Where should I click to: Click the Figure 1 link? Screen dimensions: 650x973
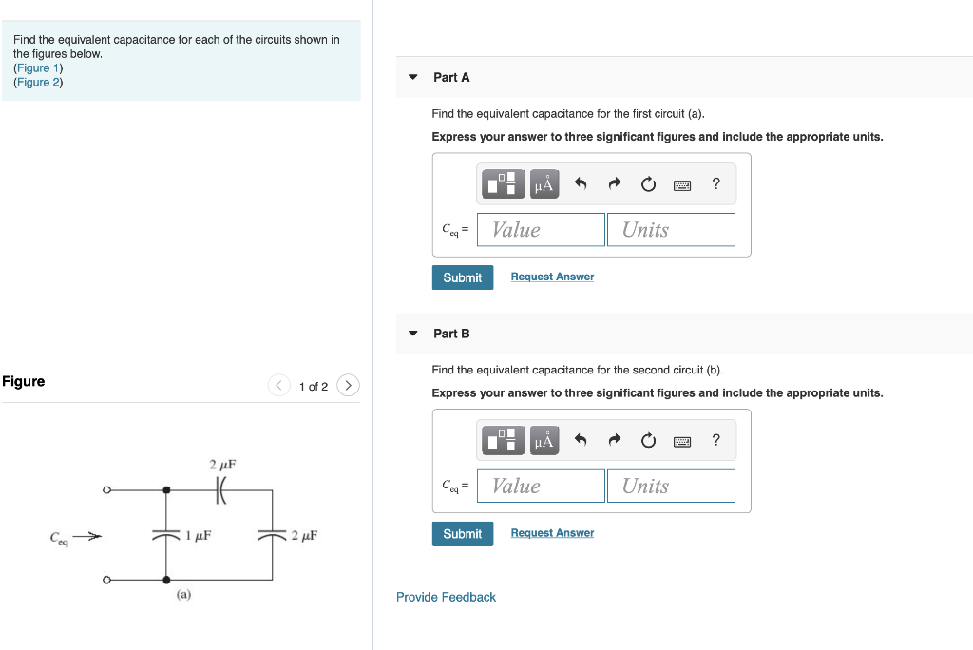pos(38,68)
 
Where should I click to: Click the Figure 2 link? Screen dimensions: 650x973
pos(38,83)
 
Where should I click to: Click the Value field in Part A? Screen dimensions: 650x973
pos(541,230)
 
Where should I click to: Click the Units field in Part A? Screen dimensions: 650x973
pos(671,230)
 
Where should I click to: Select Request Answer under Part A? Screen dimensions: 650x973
pos(552,277)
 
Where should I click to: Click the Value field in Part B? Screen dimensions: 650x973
pos(541,487)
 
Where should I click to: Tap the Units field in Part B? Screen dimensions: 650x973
pos(671,487)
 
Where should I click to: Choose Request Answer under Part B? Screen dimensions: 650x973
pos(552,533)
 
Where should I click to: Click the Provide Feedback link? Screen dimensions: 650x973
pos(446,597)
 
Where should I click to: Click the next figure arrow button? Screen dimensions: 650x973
pos(349,386)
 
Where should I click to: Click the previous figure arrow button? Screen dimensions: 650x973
pos(278,386)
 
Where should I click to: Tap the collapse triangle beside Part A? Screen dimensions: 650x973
pos(412,77)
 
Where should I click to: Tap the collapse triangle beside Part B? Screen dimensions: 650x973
pos(412,334)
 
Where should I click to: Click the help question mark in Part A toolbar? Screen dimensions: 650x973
pos(715,183)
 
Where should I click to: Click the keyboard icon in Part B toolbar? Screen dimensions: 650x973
pos(681,441)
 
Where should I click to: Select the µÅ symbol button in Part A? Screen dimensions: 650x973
pos(544,183)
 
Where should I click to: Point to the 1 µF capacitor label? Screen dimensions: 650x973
pos(198,536)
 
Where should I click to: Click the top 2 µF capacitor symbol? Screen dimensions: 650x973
pos(221,490)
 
